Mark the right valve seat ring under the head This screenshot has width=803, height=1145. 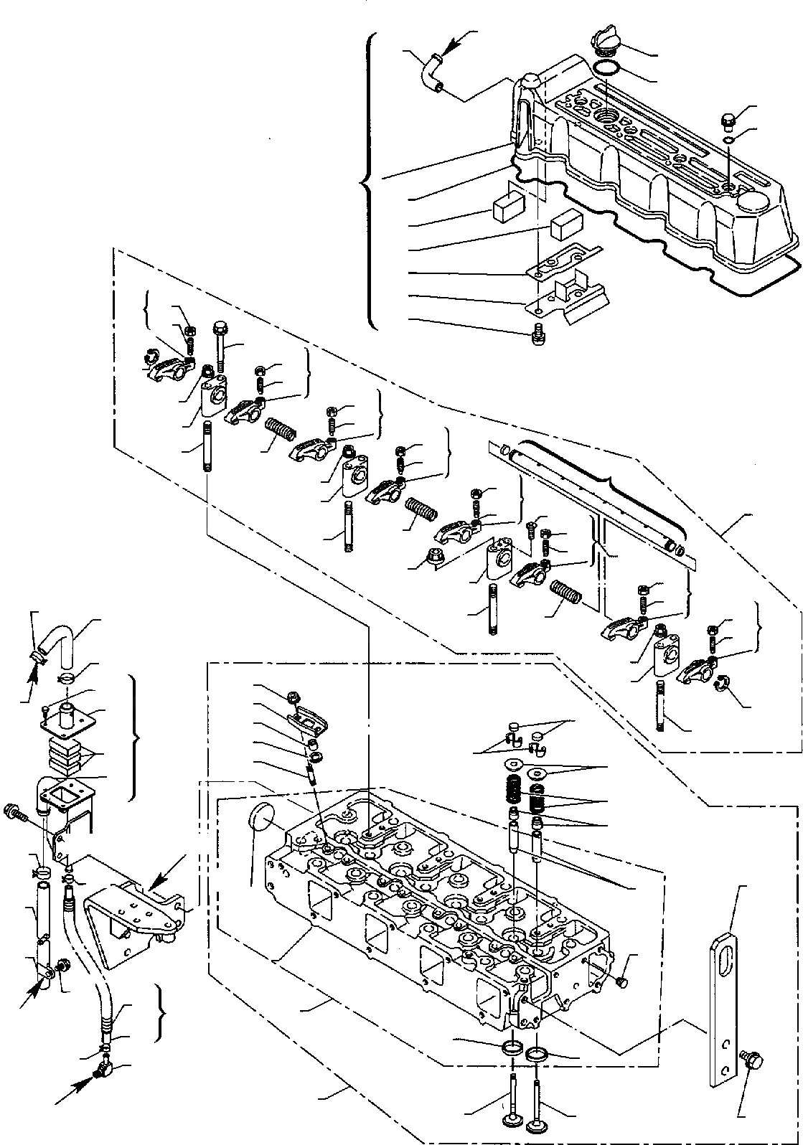coord(537,1054)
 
